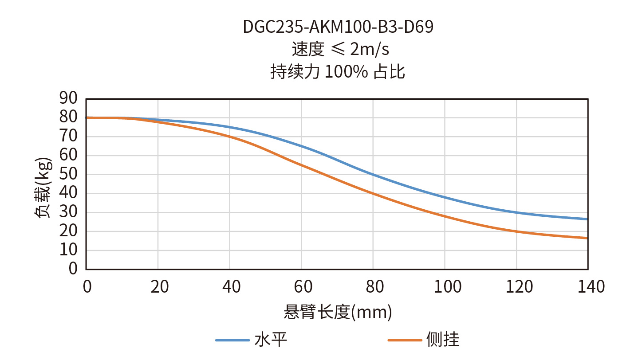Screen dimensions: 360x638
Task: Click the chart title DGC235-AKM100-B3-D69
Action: (x=338, y=27)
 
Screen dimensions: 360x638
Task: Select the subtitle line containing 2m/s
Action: (x=340, y=49)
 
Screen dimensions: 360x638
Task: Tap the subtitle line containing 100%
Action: (x=338, y=71)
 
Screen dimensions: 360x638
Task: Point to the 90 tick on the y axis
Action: (x=69, y=98)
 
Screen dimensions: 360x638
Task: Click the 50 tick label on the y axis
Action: (x=69, y=174)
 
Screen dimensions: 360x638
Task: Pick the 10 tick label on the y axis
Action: (x=69, y=250)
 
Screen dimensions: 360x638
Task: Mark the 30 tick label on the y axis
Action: (x=69, y=212)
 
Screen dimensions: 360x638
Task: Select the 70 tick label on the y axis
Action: (x=69, y=137)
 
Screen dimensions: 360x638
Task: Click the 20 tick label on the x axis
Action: (x=159, y=287)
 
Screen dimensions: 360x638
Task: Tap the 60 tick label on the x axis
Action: (x=302, y=287)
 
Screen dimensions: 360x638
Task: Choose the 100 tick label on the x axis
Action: (x=445, y=287)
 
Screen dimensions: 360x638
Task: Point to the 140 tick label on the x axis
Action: (x=588, y=287)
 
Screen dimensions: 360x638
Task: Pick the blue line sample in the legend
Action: (x=232, y=340)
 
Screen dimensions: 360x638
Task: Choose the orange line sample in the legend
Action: (x=404, y=340)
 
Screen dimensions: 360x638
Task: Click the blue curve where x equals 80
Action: (x=373, y=175)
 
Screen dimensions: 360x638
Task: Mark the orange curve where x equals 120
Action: (x=516, y=231)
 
